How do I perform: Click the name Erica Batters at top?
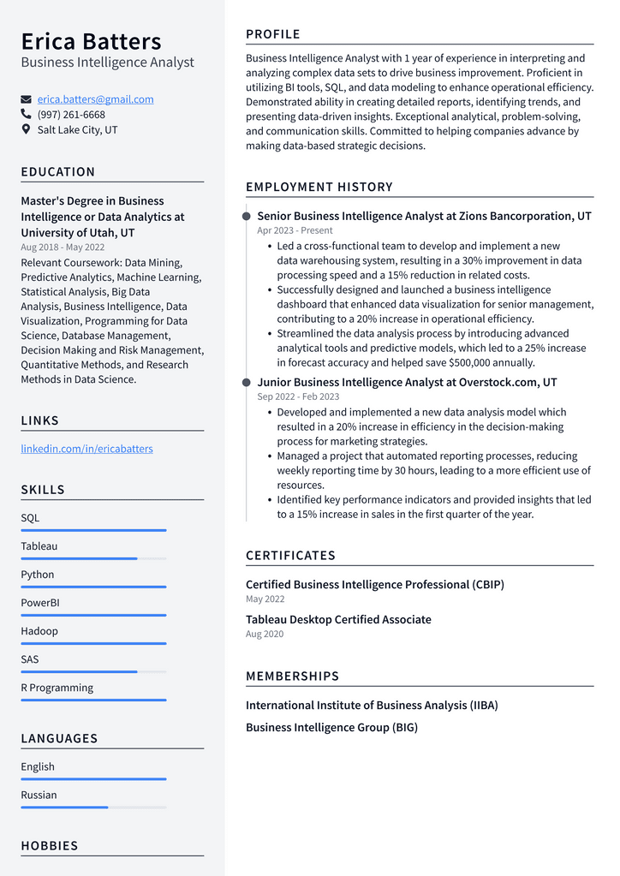(x=91, y=41)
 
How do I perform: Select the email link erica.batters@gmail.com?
(x=95, y=99)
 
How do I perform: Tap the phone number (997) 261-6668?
(x=71, y=115)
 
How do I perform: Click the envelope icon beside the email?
(x=27, y=99)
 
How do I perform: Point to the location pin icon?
(x=27, y=130)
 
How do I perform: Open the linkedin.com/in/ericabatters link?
(x=86, y=449)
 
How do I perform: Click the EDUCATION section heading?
(x=58, y=172)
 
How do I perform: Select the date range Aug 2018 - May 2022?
(x=63, y=247)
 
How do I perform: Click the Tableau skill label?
(x=39, y=546)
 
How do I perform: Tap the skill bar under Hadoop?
(x=93, y=643)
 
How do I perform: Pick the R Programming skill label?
(x=57, y=688)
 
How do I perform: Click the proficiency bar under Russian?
(x=93, y=807)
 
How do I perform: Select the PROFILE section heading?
(x=273, y=34)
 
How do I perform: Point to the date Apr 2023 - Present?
(x=295, y=230)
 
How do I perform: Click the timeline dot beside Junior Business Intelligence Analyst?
(x=247, y=383)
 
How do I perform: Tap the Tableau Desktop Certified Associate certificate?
(x=338, y=620)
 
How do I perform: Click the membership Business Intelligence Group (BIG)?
(x=331, y=728)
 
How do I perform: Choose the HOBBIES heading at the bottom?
(x=50, y=846)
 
